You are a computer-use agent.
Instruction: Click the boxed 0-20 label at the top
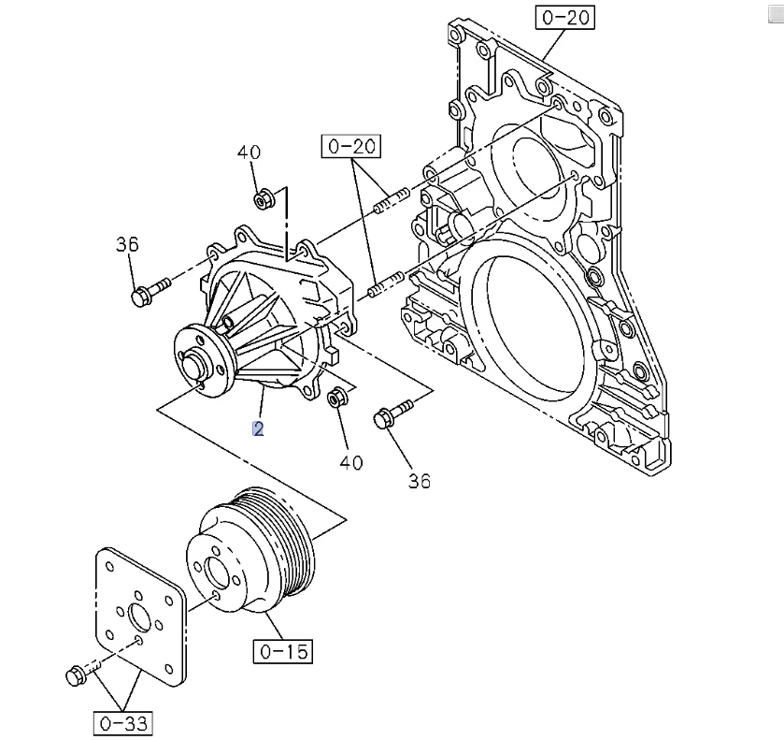coord(565,17)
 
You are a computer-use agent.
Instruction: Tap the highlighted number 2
coord(258,428)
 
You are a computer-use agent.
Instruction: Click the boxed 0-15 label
coord(281,650)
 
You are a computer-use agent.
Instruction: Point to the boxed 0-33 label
coord(123,723)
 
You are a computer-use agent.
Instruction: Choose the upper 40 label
coord(248,152)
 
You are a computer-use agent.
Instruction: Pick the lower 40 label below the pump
coord(351,461)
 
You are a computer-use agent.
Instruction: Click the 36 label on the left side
coord(127,244)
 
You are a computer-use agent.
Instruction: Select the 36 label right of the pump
coord(420,481)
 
